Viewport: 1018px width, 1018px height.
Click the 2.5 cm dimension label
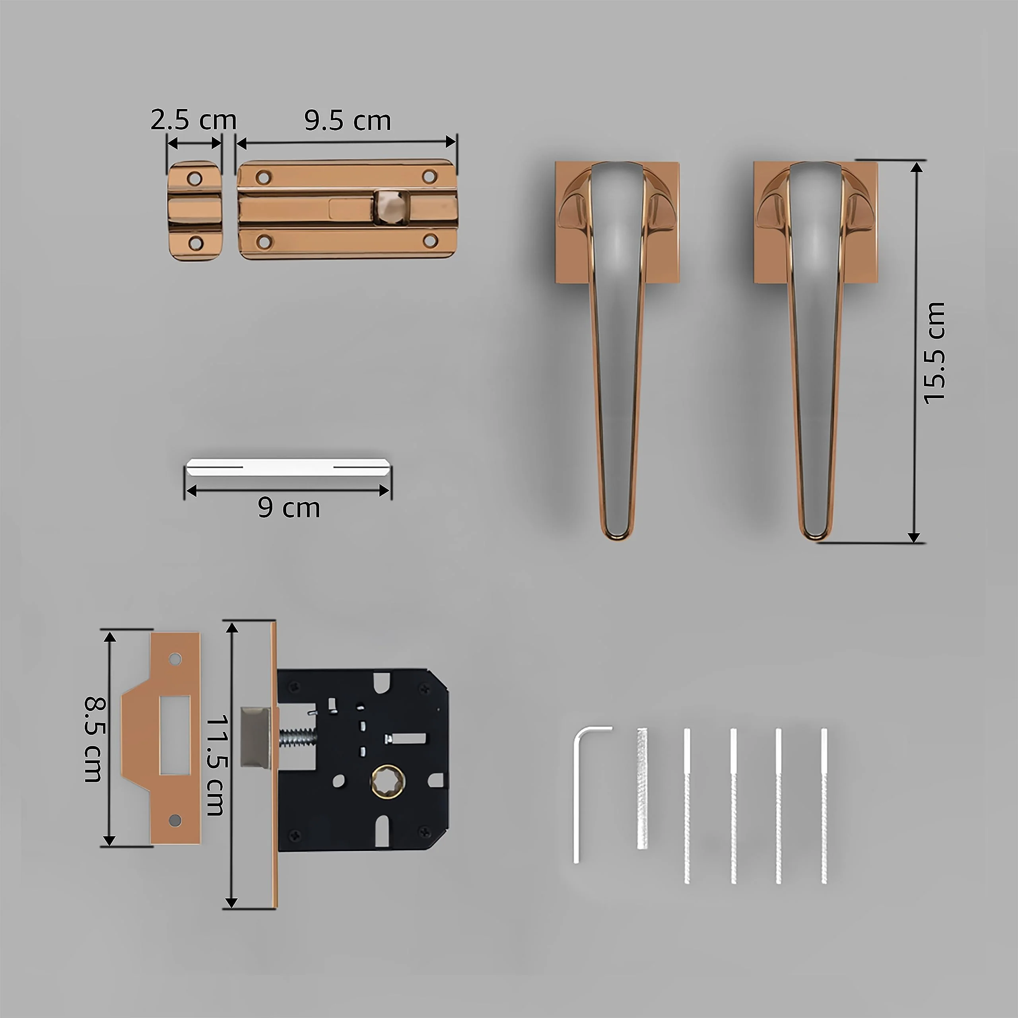[193, 120]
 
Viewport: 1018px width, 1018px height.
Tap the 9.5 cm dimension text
[347, 120]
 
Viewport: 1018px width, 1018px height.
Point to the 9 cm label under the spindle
[289, 508]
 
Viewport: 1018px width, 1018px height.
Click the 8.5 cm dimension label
[95, 739]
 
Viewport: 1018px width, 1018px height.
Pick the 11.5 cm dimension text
[216, 765]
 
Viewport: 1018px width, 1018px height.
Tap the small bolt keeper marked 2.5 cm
[194, 211]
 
